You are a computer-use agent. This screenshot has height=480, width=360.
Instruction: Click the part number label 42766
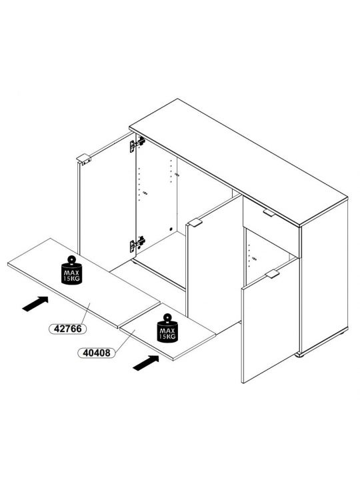67,329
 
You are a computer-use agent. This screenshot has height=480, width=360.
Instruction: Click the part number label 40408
97,353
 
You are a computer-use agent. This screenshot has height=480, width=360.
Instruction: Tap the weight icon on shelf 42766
71,270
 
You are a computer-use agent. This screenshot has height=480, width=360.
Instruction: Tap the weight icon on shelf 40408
167,328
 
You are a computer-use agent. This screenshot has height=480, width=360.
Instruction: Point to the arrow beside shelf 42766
35,304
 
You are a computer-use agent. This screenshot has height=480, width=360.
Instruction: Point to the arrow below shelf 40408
146,363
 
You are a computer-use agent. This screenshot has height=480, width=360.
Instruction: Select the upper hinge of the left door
137,144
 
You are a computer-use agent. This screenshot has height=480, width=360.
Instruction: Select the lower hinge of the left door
137,244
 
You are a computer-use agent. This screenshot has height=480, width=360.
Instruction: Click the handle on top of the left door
83,159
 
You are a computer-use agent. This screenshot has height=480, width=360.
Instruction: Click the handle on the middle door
195,223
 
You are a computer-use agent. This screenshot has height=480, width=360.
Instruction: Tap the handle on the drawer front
269,213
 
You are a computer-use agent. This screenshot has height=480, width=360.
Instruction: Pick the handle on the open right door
273,274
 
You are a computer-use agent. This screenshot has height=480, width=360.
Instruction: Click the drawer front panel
271,226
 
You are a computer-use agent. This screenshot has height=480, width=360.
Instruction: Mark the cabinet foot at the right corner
300,355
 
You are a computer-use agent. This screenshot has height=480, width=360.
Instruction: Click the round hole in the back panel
171,229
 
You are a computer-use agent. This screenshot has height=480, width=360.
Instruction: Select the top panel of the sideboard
239,162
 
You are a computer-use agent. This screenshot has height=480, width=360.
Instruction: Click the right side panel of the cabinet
325,275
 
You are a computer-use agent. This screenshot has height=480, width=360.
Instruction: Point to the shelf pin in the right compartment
254,259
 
